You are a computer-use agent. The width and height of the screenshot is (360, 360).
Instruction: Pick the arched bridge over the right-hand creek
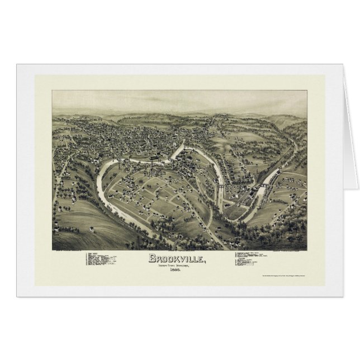(x=261, y=183)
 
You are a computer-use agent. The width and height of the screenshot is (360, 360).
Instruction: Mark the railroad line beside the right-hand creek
(x=280, y=168)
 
